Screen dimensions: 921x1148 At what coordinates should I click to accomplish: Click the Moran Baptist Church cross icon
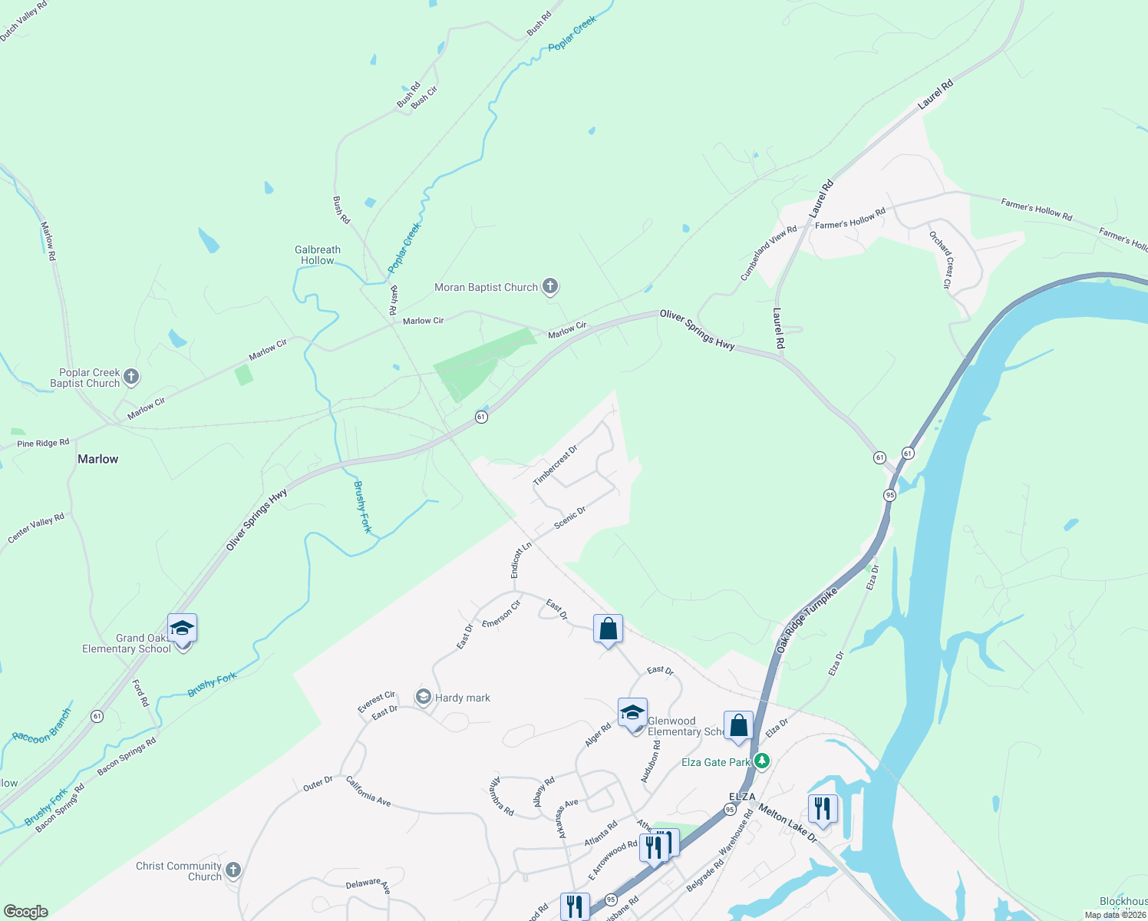point(549,287)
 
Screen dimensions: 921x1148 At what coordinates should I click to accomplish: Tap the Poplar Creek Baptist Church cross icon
point(131,377)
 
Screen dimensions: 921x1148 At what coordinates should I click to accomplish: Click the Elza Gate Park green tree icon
point(761,761)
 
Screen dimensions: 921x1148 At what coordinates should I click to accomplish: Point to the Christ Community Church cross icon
point(233,870)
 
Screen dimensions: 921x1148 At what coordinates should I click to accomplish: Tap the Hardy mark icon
point(423,697)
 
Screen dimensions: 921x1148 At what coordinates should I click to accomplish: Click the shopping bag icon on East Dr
point(608,630)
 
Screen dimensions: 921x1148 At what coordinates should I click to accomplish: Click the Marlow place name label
point(98,459)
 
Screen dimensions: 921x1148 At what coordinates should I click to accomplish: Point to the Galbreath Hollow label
point(318,255)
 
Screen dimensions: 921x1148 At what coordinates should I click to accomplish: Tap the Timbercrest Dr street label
point(555,465)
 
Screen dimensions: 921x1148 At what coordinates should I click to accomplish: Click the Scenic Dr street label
point(570,517)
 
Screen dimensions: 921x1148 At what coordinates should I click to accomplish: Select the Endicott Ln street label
point(521,560)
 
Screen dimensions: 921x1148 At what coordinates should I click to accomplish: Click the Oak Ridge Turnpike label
point(807,620)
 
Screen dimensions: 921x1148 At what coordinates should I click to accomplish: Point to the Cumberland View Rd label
point(768,253)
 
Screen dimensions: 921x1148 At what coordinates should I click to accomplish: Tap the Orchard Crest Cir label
point(941,259)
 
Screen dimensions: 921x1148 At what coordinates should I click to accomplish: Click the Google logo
point(26,912)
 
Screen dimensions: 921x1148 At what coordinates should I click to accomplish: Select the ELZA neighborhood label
point(742,797)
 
